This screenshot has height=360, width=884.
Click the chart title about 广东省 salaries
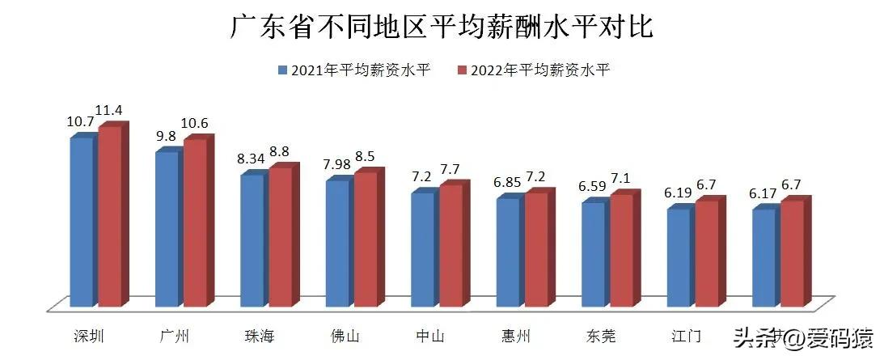click(x=442, y=28)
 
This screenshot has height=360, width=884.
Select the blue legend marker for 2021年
click(x=281, y=70)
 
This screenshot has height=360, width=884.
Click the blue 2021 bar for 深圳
click(x=81, y=222)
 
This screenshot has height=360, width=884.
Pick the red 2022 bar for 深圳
click(x=109, y=217)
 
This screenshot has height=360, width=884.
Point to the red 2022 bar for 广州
click(x=194, y=223)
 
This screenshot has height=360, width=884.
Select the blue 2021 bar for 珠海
click(x=251, y=240)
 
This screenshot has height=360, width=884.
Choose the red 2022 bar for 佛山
click(x=365, y=239)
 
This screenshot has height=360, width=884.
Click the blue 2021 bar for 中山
click(x=422, y=249)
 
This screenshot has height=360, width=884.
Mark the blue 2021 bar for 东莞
click(x=593, y=254)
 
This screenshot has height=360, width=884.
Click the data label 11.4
click(x=108, y=110)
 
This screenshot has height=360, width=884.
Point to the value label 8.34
click(x=252, y=159)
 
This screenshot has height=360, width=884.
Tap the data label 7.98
click(x=336, y=165)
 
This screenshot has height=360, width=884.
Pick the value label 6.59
click(x=592, y=186)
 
